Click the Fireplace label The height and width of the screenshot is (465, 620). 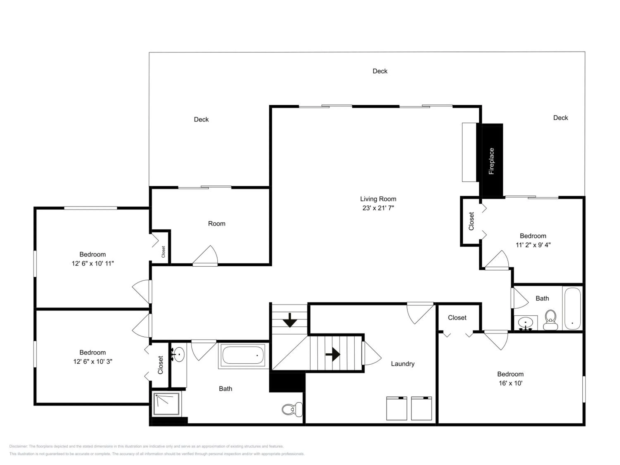tap(491, 161)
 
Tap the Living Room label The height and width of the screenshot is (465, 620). tap(378, 199)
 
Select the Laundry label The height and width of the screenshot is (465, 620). tap(403, 364)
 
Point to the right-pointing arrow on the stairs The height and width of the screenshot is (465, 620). tap(333, 355)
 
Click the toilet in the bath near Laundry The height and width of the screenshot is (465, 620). tap(292, 409)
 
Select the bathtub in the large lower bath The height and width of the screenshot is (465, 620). tap(243, 355)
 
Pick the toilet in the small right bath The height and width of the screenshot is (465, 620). tap(551, 320)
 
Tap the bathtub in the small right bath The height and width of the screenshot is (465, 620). tap(572, 308)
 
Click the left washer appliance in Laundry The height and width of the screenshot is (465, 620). tap(397, 408)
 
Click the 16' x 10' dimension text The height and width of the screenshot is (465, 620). tap(510, 383)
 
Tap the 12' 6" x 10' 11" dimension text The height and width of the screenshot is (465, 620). tap(93, 263)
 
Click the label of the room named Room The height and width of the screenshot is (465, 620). tap(217, 224)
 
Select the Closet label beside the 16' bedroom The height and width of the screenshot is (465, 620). tap(457, 318)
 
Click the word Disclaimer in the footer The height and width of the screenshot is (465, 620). tap(18, 446)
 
